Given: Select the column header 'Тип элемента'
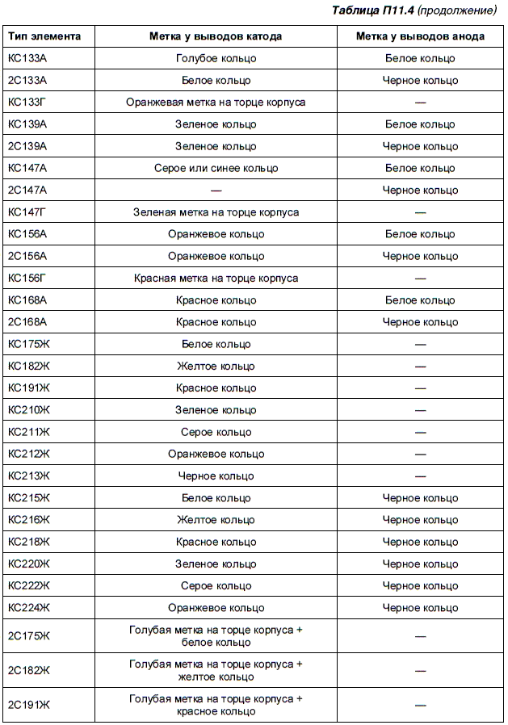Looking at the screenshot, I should click(x=44, y=36).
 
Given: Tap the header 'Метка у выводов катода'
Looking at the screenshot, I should click(x=216, y=36).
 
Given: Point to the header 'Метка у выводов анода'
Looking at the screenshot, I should click(x=420, y=36).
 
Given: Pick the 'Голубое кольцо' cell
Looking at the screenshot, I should click(x=216, y=59).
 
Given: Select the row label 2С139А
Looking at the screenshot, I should click(x=27, y=147).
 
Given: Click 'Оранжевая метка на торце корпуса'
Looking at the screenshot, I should click(x=216, y=103).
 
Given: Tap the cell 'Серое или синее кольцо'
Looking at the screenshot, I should click(x=216, y=169).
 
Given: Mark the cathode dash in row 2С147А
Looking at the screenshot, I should click(x=216, y=191).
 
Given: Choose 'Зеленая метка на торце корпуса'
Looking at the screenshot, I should click(x=216, y=212).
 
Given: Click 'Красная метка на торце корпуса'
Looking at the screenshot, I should click(x=216, y=279).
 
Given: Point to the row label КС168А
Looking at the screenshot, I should click(x=27, y=300).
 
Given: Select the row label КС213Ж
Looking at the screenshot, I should click(x=29, y=476).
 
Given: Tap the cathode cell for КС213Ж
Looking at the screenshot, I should click(x=216, y=476).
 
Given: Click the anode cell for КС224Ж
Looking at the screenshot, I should click(x=420, y=608).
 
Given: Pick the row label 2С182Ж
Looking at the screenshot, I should click(x=29, y=671).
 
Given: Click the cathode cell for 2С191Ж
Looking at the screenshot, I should click(x=216, y=705).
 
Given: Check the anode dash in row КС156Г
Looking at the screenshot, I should click(x=420, y=279).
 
